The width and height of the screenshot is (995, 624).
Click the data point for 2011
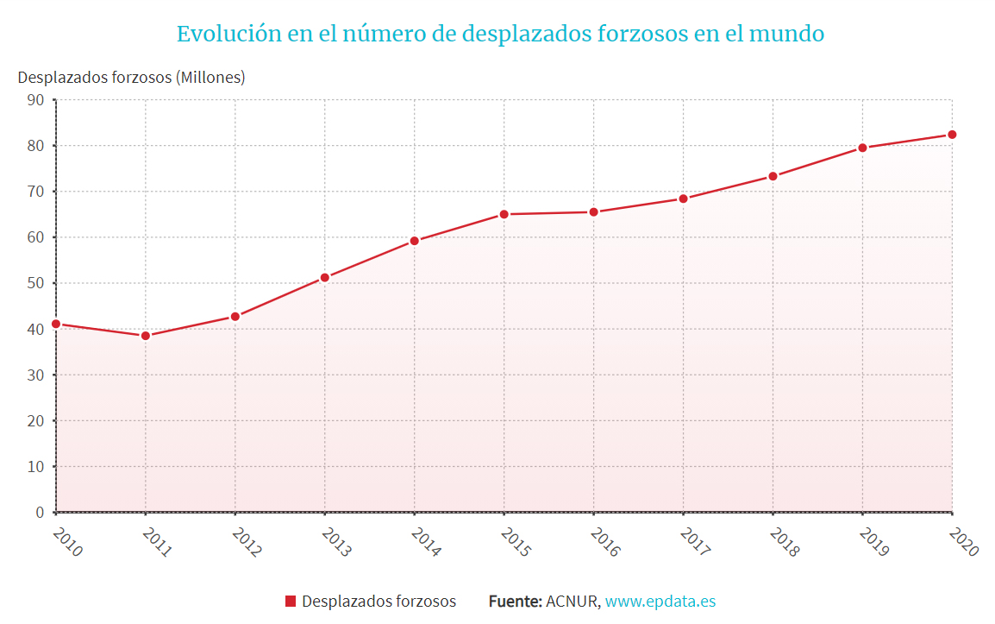[146, 336]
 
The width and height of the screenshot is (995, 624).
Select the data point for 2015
[504, 214]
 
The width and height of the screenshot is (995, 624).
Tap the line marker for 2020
[952, 135]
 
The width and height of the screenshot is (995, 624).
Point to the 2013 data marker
[325, 278]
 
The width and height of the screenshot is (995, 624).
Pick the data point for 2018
[773, 176]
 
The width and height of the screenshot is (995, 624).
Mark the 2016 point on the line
[594, 212]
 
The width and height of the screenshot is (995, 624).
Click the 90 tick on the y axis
[35, 100]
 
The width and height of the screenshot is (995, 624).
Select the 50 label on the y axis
[35, 283]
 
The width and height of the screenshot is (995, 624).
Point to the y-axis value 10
[35, 467]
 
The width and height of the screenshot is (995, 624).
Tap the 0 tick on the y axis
[40, 513]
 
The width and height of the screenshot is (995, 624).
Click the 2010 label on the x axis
[67, 542]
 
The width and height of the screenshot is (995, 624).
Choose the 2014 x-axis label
[426, 542]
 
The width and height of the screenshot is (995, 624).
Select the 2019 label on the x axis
[873, 542]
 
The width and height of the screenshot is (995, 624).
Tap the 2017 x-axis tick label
[695, 542]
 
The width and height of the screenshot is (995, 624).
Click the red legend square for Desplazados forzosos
[291, 602]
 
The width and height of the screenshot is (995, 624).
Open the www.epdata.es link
[660, 602]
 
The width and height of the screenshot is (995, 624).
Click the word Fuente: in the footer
[515, 602]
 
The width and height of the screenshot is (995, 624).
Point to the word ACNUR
[572, 602]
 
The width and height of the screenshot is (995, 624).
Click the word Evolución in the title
[220, 34]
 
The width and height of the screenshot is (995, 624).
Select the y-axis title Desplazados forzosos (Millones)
[131, 77]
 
